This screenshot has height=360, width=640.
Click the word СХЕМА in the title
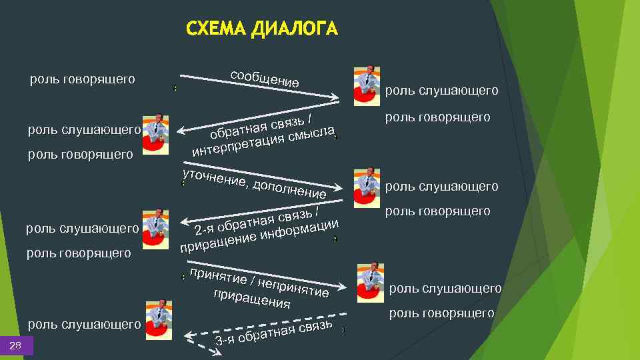215,29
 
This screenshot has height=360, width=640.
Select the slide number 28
16,345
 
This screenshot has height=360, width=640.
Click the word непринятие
293,287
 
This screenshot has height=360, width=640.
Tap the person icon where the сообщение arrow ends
366,84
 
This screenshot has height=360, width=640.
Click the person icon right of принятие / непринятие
370,282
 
